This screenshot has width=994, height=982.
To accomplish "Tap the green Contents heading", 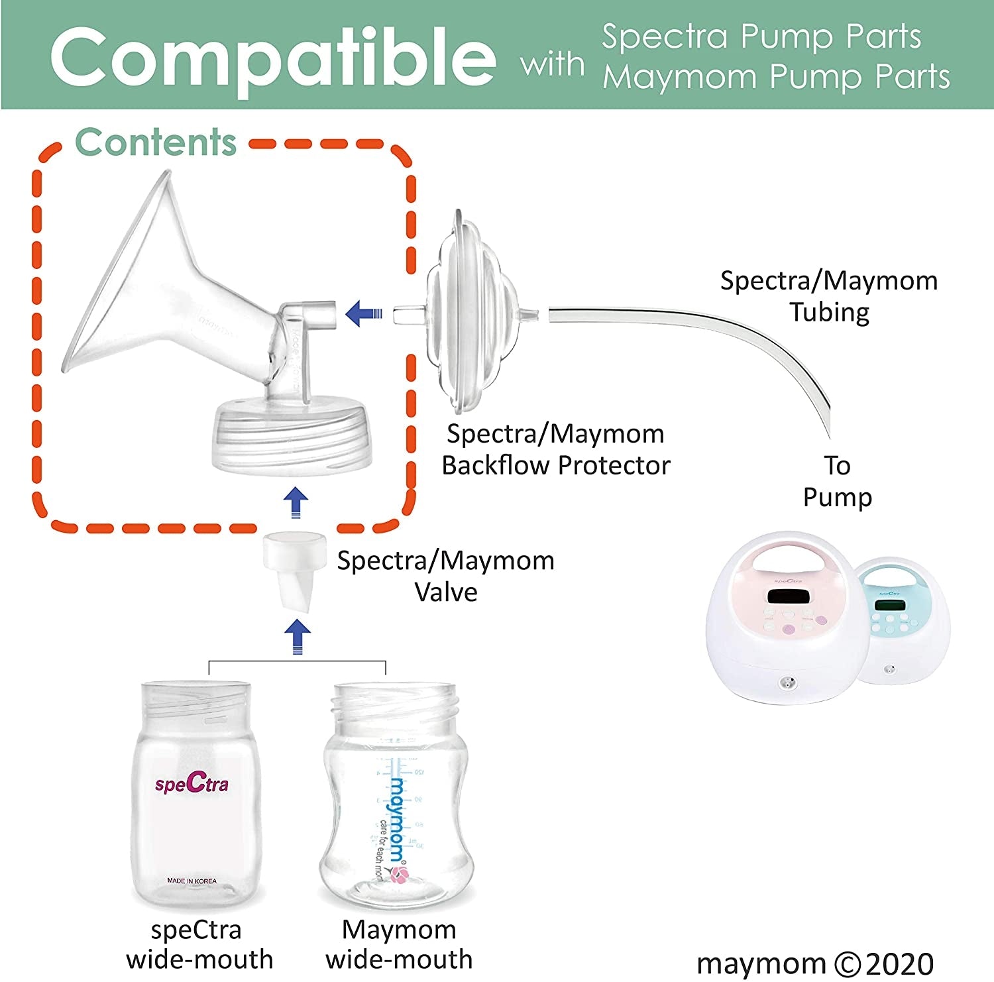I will (x=156, y=142).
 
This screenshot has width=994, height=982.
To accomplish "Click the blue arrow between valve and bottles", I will (x=298, y=637).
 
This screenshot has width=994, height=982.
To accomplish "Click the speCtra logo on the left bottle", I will (x=192, y=784).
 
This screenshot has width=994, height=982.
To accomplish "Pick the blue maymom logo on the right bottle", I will (x=397, y=819).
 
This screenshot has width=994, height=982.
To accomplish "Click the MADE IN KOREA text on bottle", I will (x=192, y=881).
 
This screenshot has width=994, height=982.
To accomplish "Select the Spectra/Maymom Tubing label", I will (x=829, y=296).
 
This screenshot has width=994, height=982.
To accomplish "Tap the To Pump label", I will (x=838, y=481).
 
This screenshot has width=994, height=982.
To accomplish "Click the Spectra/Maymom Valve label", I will (x=446, y=576).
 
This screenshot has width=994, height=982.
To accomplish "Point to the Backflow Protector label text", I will (x=556, y=465).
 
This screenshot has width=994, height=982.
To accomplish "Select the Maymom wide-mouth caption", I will (x=399, y=944).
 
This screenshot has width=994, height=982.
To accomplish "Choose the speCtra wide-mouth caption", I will (x=199, y=944).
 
